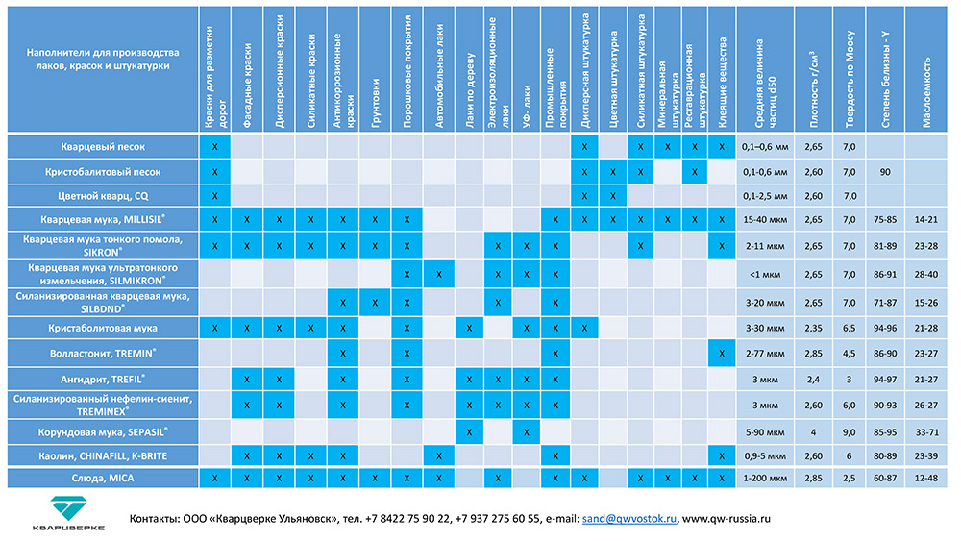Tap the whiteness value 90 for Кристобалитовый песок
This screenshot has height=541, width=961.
884,171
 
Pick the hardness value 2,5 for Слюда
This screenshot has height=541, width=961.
849,477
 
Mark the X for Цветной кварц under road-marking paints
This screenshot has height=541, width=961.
215,196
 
